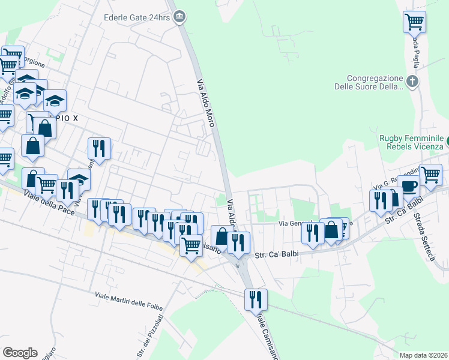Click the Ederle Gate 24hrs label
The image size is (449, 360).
point(137,18)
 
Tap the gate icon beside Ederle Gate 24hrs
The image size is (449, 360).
point(179,18)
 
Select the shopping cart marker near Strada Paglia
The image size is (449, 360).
point(415,22)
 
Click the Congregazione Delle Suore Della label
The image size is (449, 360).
point(367,82)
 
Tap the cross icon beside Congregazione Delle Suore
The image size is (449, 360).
point(412,81)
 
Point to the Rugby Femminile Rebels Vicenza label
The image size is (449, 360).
point(411,142)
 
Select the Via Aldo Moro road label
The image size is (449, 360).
point(206,102)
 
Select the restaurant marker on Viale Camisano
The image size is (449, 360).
point(256,298)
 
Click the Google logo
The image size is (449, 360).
point(20,352)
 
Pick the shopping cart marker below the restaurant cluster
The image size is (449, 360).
point(191,244)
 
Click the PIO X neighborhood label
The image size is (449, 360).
point(67,118)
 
